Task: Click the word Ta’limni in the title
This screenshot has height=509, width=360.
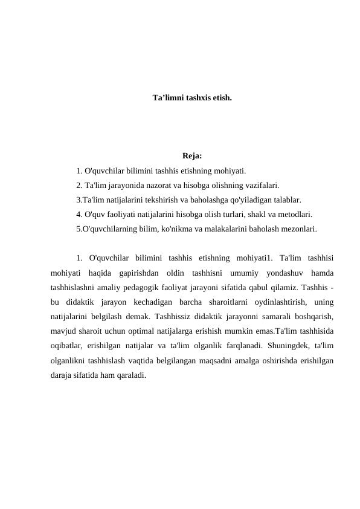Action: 168,97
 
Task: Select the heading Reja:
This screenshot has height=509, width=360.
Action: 191,160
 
